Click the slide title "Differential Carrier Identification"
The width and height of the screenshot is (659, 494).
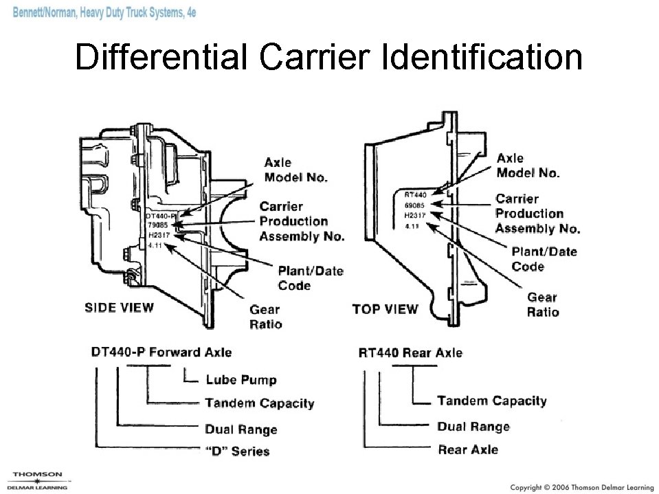point(328,58)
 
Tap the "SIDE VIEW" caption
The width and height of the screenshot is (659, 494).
point(119,307)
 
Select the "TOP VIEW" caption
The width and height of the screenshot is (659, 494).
point(385,308)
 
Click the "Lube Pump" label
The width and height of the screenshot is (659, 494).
point(241,380)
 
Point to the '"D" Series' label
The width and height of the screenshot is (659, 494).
point(237,451)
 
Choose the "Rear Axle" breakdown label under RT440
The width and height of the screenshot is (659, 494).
point(468,449)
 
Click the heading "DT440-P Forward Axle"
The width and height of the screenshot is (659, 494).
point(161,352)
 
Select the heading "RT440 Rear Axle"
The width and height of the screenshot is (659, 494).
point(410,352)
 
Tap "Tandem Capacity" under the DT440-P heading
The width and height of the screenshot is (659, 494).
point(259,403)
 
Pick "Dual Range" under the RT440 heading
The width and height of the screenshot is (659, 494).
point(473,427)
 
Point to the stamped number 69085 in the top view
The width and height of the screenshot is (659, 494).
point(414,205)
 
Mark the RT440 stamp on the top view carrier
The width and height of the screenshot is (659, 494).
point(415,195)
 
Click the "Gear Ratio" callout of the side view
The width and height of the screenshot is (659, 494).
point(265,317)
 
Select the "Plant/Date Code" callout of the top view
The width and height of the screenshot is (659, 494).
point(544,259)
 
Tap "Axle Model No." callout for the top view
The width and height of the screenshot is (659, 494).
point(528,166)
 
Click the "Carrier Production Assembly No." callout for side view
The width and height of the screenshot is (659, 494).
point(301,221)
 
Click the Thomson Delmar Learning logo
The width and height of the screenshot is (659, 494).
point(38,480)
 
